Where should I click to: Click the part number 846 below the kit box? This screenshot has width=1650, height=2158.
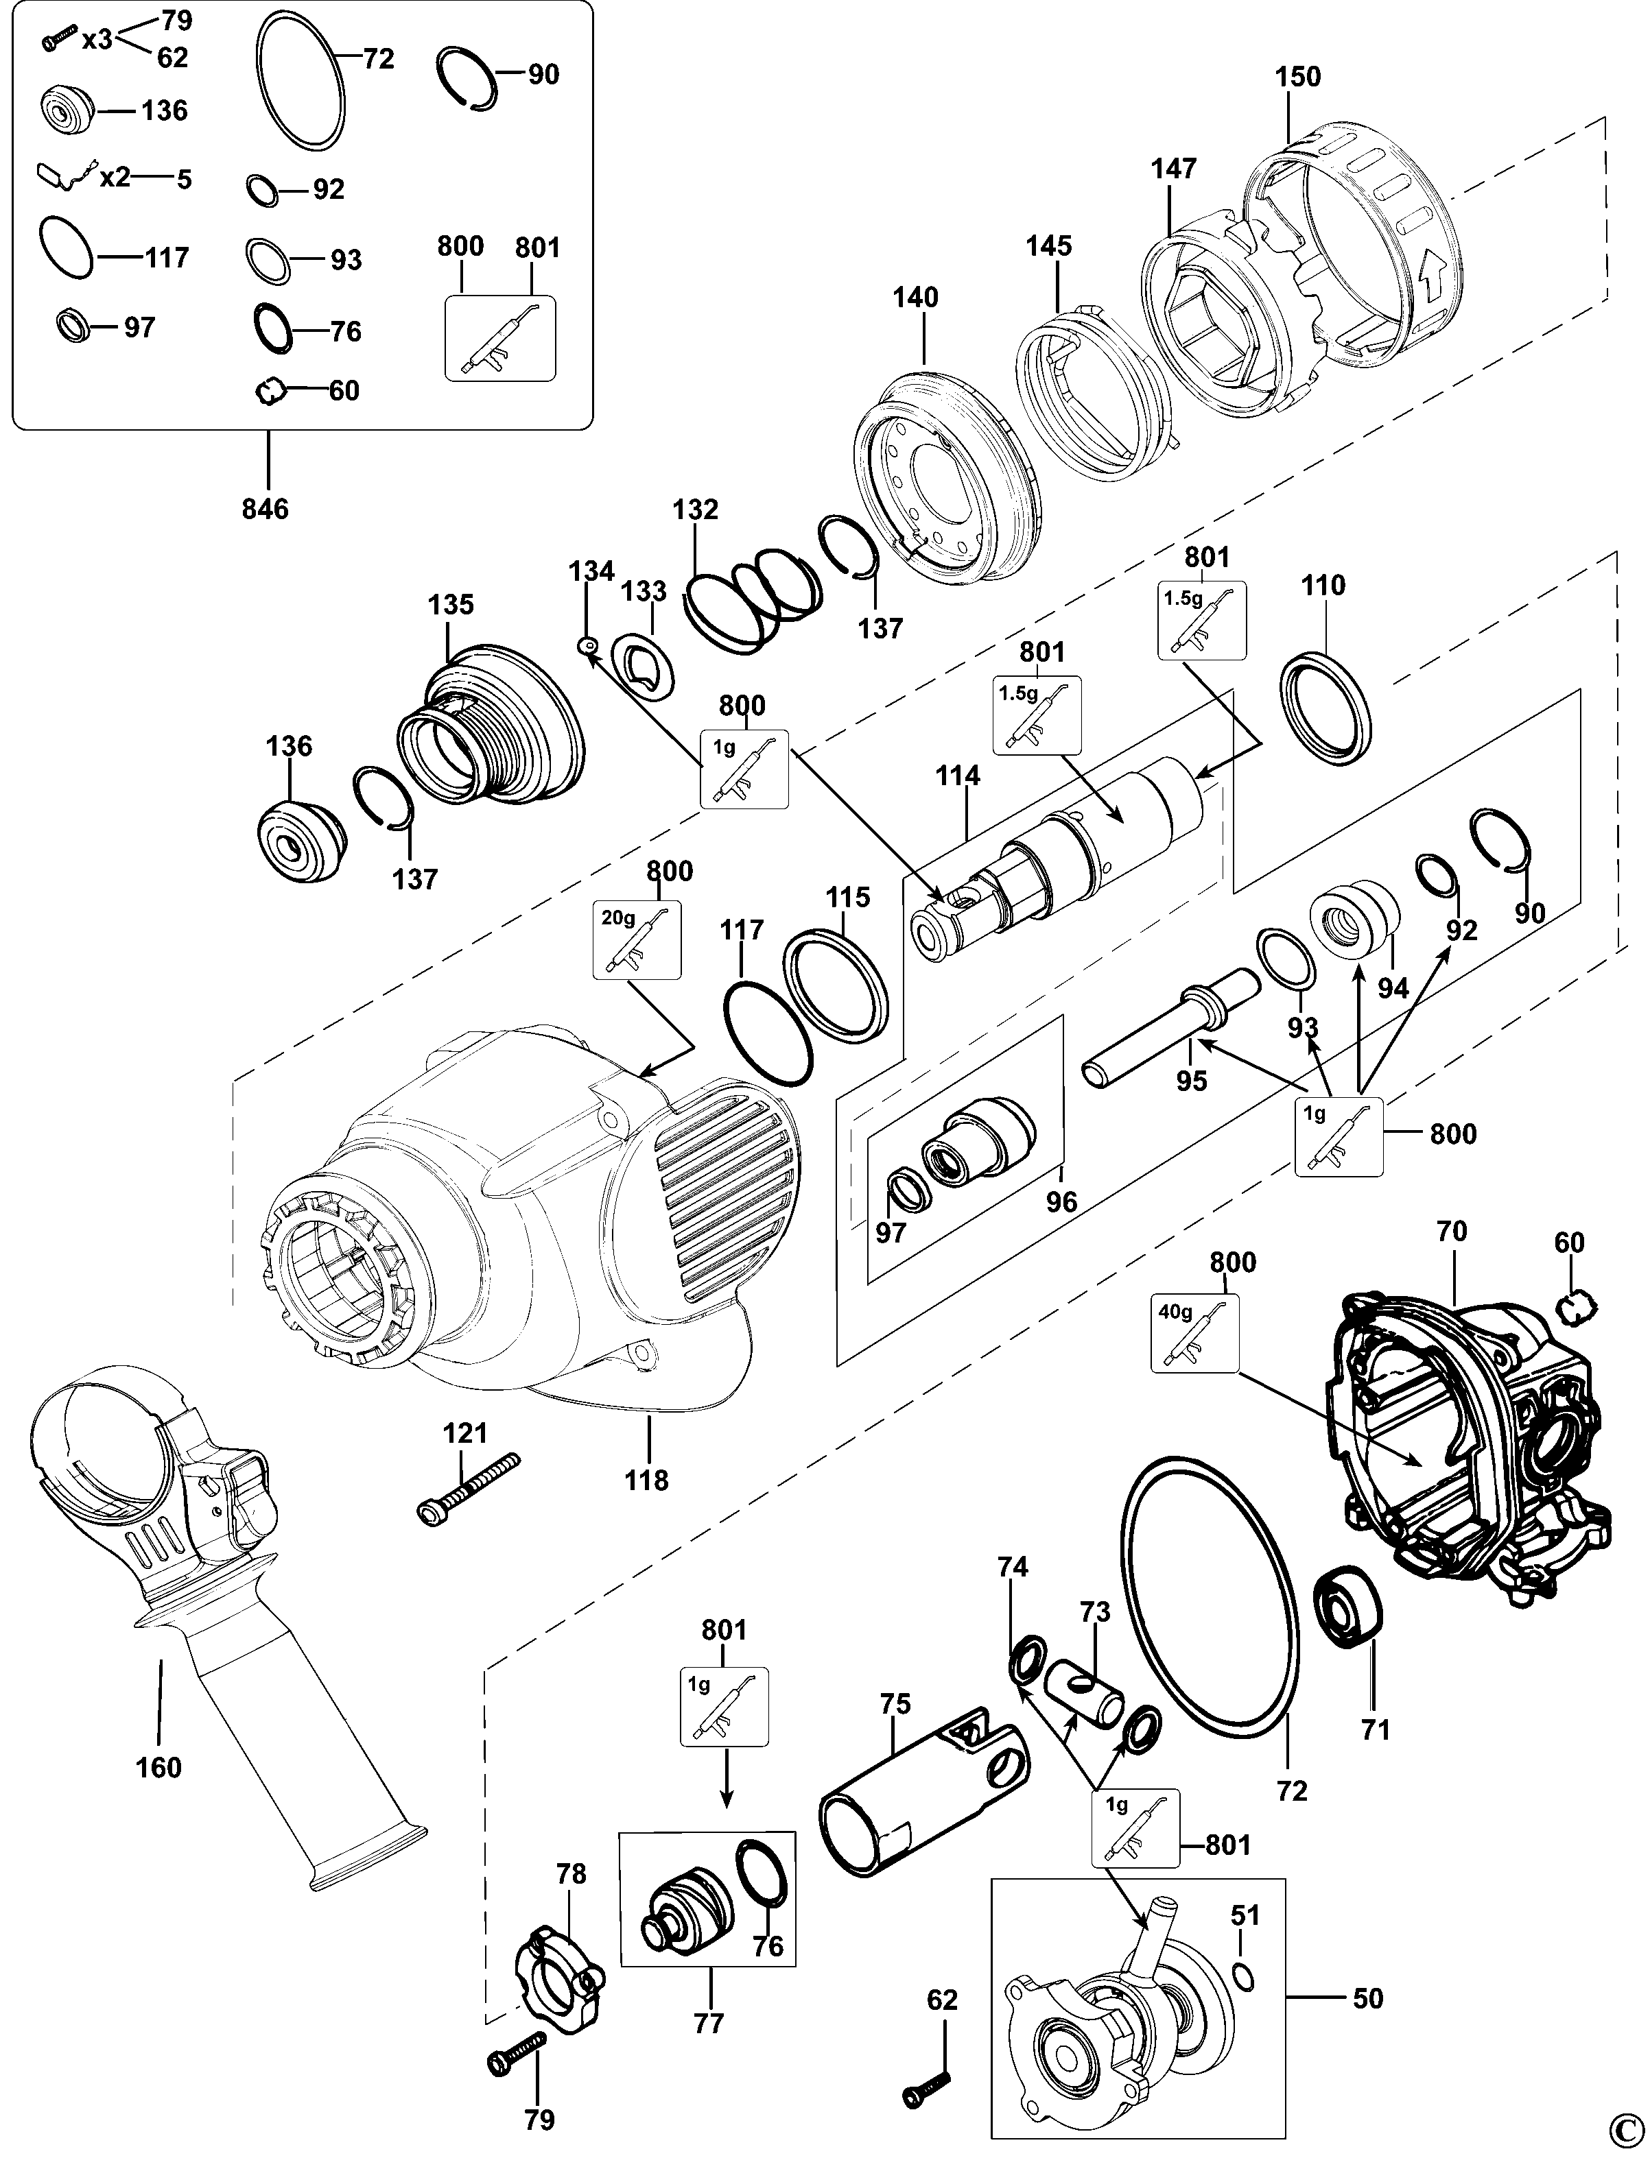pos(266,509)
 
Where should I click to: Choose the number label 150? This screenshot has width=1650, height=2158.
pos(1299,77)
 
